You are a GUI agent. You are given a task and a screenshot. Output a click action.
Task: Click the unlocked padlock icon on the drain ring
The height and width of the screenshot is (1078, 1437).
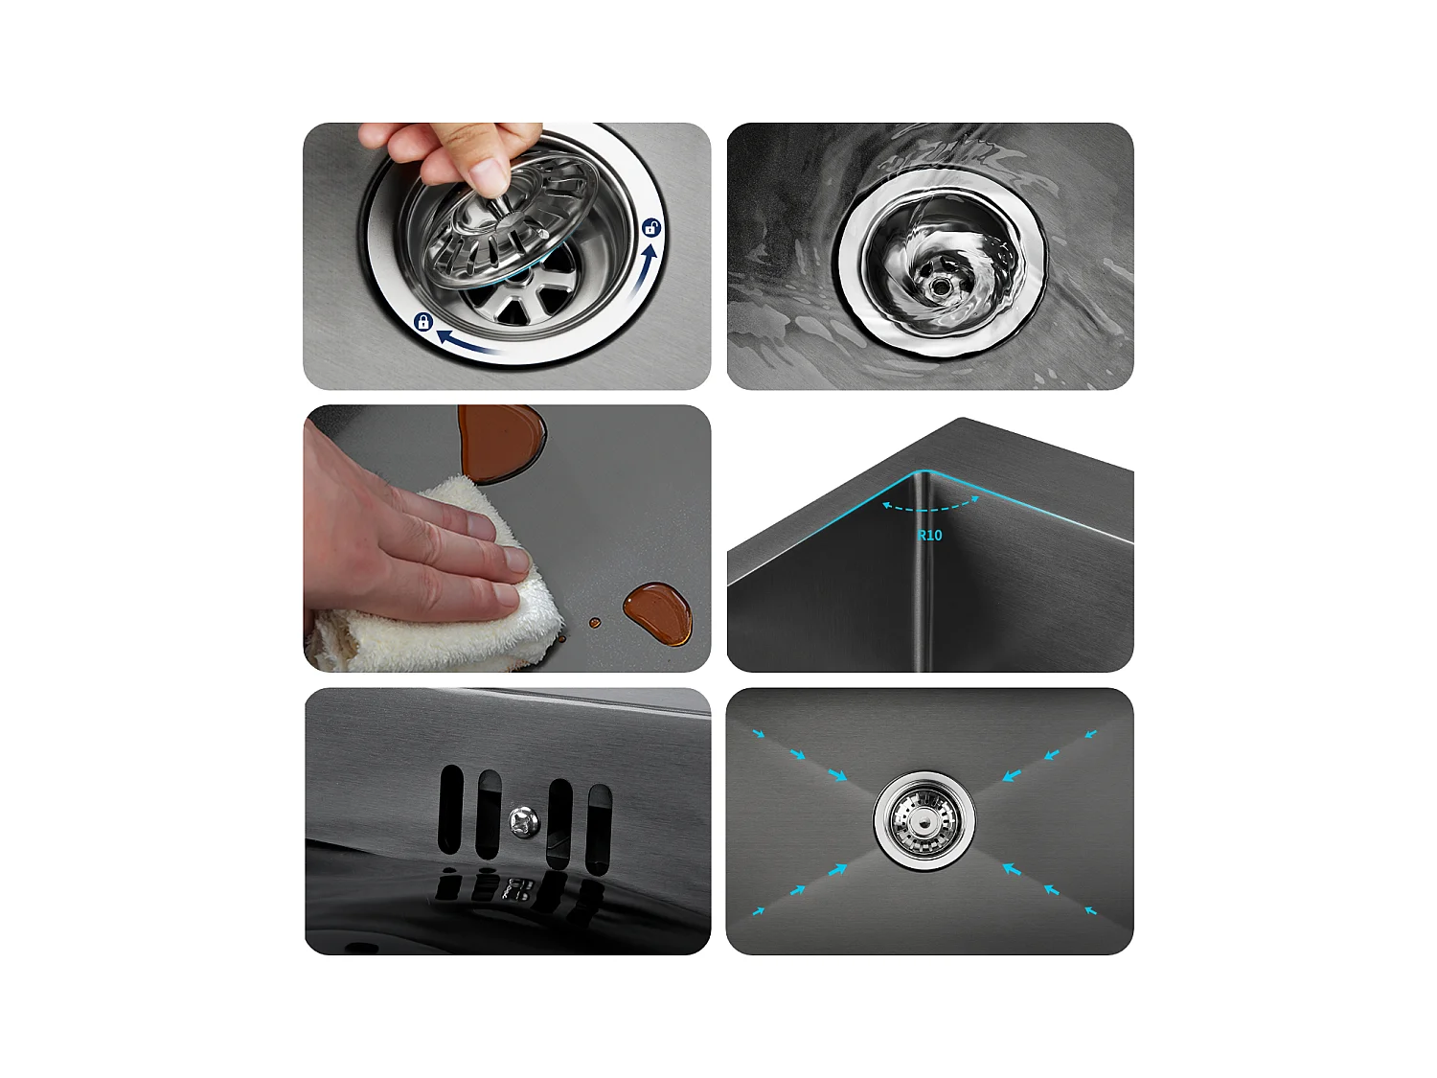pyautogui.click(x=651, y=228)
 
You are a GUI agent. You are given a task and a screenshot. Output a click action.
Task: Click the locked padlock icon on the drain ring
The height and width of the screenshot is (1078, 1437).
pyautogui.click(x=423, y=322)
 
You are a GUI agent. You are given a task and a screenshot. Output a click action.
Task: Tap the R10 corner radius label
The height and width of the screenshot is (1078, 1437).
pyautogui.click(x=930, y=536)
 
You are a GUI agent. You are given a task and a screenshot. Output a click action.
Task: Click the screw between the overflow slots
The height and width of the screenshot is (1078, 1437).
pyautogui.click(x=524, y=820)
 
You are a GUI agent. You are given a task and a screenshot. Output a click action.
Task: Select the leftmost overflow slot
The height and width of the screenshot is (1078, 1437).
pyautogui.click(x=450, y=810)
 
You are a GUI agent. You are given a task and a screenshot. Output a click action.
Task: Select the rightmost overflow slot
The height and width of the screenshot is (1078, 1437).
pyautogui.click(x=599, y=829)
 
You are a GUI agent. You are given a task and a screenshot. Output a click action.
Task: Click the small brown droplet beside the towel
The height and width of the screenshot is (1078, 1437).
pyautogui.click(x=595, y=623)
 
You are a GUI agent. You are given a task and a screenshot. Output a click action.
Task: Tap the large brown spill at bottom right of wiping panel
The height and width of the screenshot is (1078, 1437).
pyautogui.click(x=659, y=613)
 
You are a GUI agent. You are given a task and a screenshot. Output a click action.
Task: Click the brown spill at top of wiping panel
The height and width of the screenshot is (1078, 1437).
pyautogui.click(x=500, y=441)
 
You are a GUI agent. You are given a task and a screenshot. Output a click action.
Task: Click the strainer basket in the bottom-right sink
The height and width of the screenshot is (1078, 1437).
pyautogui.click(x=924, y=820)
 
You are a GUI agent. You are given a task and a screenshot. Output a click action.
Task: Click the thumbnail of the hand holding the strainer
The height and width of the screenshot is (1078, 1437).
pyautogui.click(x=507, y=256)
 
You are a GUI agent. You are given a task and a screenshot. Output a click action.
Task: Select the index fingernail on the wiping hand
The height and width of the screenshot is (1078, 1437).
pyautogui.click(x=516, y=560)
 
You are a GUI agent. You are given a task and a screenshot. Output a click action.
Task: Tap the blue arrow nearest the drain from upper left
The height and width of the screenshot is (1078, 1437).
pyautogui.click(x=836, y=774)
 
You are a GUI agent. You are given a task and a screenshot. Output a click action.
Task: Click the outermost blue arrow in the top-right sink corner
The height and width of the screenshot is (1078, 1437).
pyautogui.click(x=1090, y=735)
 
